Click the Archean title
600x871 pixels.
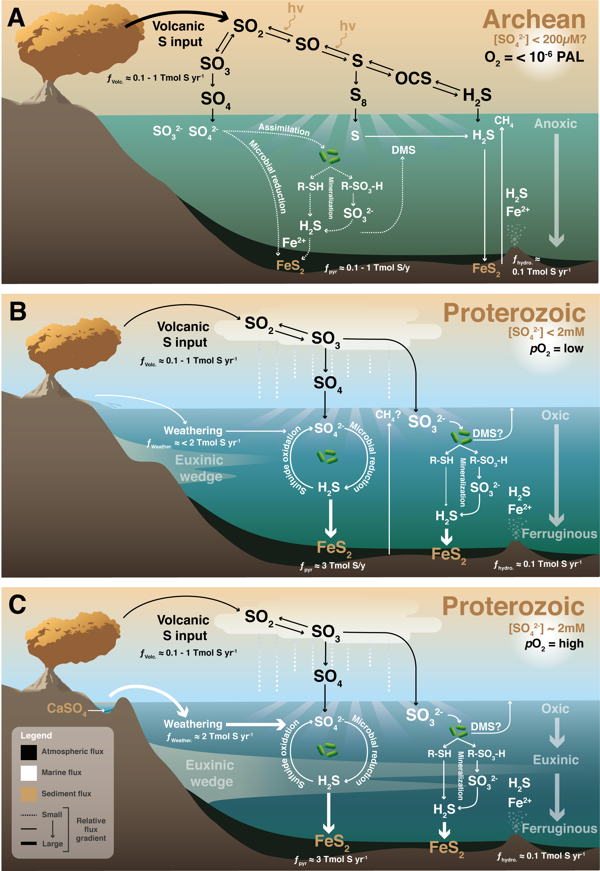point(534,20)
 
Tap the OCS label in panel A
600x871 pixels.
point(413,78)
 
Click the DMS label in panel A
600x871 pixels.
point(403,150)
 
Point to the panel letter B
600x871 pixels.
point(18,312)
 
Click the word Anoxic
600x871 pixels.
point(555,124)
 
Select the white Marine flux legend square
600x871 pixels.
point(29,773)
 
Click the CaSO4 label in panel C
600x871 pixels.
point(67,708)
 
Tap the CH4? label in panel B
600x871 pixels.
point(388,415)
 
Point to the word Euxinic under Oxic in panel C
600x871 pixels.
point(556,760)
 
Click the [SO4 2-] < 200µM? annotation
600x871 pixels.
point(539,39)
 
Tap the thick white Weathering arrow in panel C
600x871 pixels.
point(256,724)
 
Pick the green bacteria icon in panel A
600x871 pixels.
point(329,156)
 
